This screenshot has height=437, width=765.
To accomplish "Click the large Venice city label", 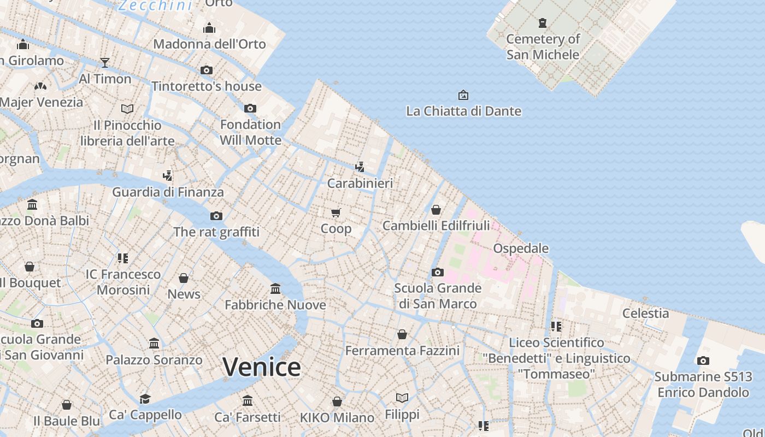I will (262, 367).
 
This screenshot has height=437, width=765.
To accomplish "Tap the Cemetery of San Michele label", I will (543, 46).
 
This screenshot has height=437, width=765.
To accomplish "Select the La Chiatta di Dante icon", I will (463, 95).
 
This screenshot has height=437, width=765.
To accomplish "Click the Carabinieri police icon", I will (360, 167).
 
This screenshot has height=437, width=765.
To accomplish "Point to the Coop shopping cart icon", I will (336, 212).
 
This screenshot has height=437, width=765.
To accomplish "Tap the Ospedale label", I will (521, 249).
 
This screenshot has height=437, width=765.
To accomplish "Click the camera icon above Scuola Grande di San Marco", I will (438, 272).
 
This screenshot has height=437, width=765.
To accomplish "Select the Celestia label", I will (645, 313).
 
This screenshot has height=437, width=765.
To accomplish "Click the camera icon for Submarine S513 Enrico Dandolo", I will (703, 361).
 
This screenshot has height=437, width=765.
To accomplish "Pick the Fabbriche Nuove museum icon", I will (275, 288).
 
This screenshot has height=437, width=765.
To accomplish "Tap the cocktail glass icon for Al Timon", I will (105, 63).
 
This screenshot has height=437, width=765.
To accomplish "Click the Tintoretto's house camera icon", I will (207, 70).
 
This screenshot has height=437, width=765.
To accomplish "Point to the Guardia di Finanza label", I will (168, 192).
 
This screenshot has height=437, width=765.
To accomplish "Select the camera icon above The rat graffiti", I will (216, 216).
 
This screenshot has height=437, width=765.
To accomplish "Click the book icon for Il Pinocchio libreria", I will (127, 109).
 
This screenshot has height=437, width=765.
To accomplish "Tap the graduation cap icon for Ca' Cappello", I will (145, 399).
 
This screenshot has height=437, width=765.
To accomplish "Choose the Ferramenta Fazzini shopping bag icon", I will (402, 334).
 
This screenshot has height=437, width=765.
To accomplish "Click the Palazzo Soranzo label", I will (154, 360).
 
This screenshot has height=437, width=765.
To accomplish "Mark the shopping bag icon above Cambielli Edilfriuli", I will (436, 210).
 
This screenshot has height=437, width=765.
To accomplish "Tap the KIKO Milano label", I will (337, 418).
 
